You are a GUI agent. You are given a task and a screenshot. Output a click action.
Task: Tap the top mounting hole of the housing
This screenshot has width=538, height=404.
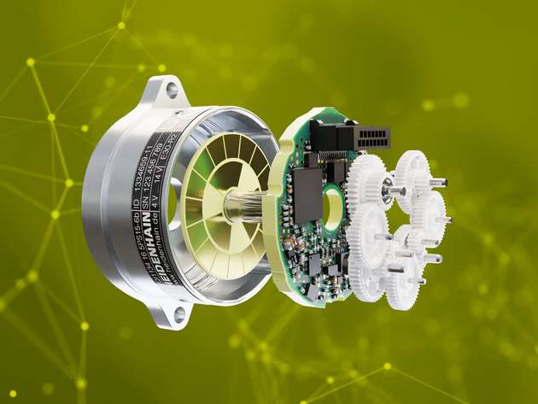(173, 88)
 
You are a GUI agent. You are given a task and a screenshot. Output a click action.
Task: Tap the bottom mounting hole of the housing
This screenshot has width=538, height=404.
(179, 314)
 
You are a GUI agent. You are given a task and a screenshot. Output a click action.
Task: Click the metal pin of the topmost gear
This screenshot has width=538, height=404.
(437, 182)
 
